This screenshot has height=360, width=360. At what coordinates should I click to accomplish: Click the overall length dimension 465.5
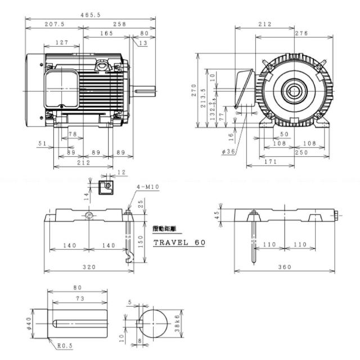[91, 15]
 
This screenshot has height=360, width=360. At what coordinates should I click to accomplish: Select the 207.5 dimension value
[54, 25]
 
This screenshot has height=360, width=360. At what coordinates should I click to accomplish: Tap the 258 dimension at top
[119, 25]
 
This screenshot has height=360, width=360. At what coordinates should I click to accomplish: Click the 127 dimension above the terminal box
[62, 43]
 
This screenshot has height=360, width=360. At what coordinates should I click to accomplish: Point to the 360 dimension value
[285, 267]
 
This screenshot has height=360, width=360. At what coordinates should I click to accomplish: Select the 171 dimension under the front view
[271, 161]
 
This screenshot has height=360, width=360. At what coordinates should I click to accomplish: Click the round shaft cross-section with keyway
[154, 324]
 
